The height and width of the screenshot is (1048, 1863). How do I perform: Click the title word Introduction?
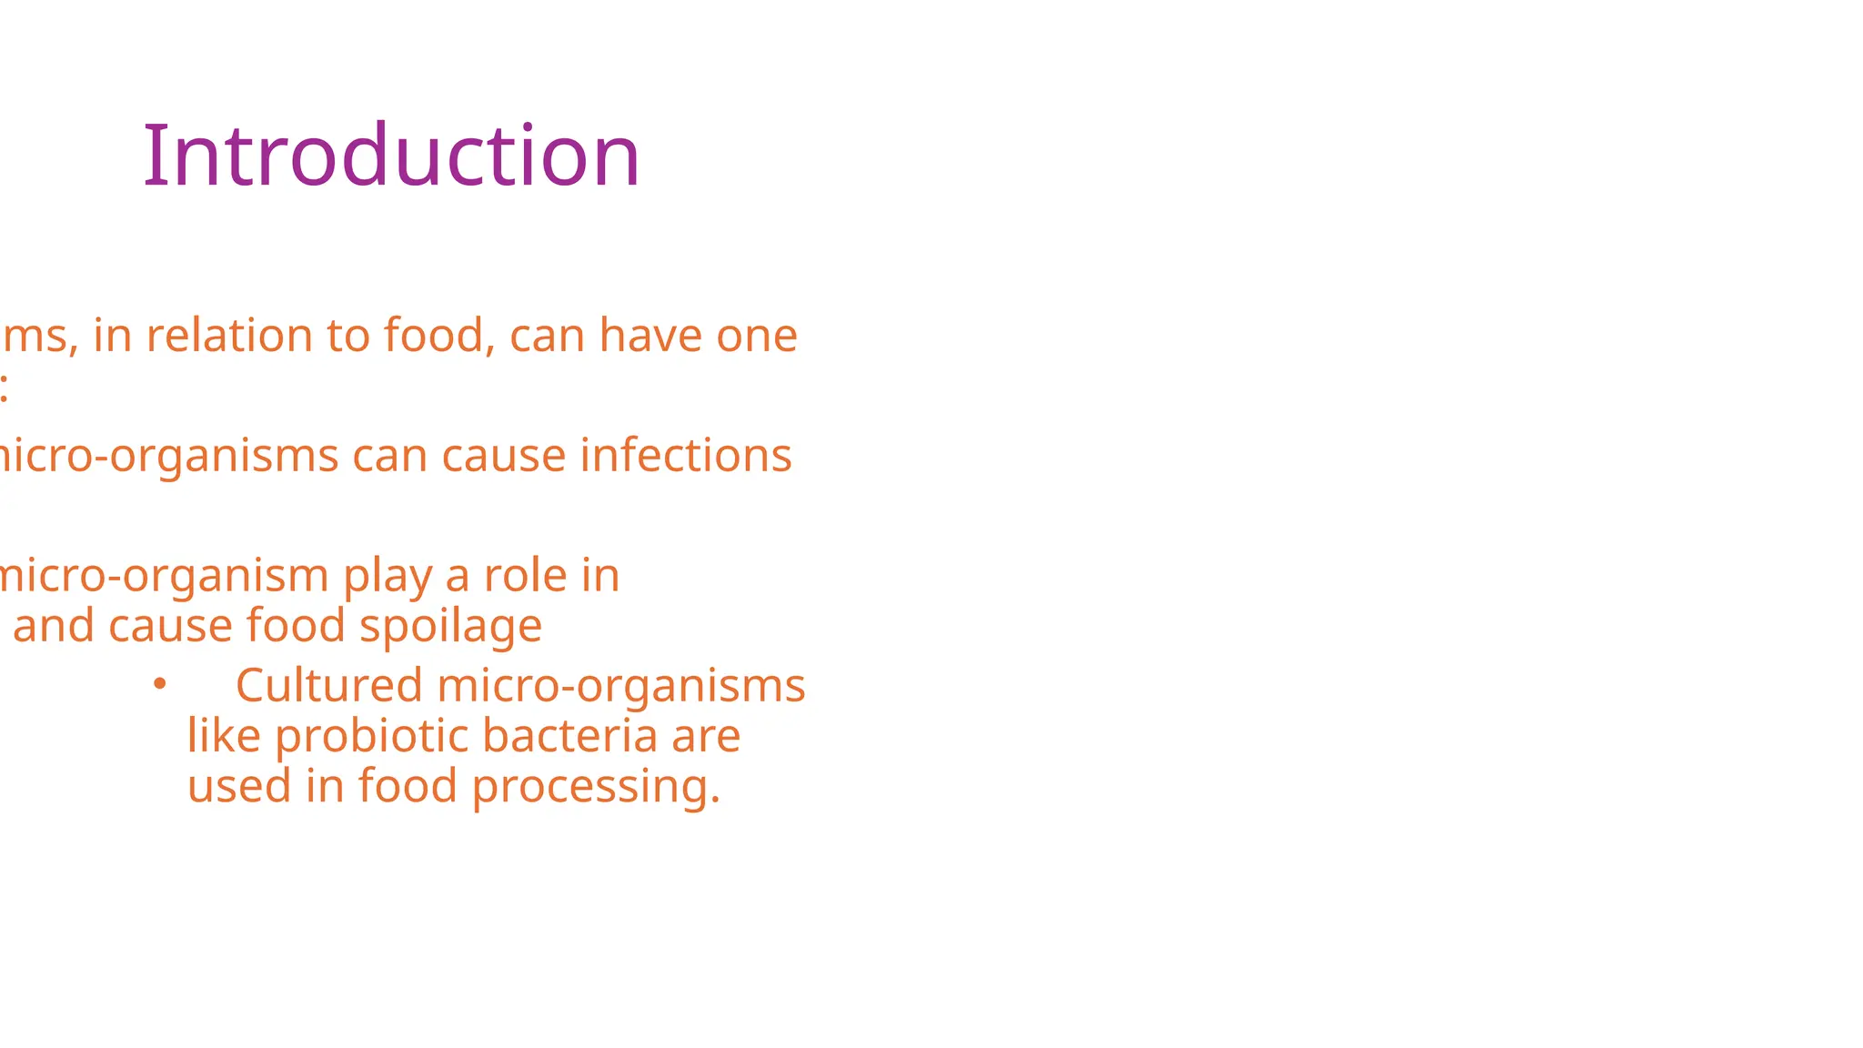[x=391, y=156]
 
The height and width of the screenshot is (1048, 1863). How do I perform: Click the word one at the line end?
[x=757, y=338]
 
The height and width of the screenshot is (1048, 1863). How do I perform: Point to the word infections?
[x=686, y=456]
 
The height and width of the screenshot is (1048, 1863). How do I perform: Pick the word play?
[x=388, y=578]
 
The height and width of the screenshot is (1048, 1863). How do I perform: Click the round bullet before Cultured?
[x=160, y=684]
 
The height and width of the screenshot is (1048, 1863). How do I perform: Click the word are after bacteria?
[x=706, y=737]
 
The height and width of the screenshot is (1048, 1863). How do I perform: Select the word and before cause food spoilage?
[x=54, y=626]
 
